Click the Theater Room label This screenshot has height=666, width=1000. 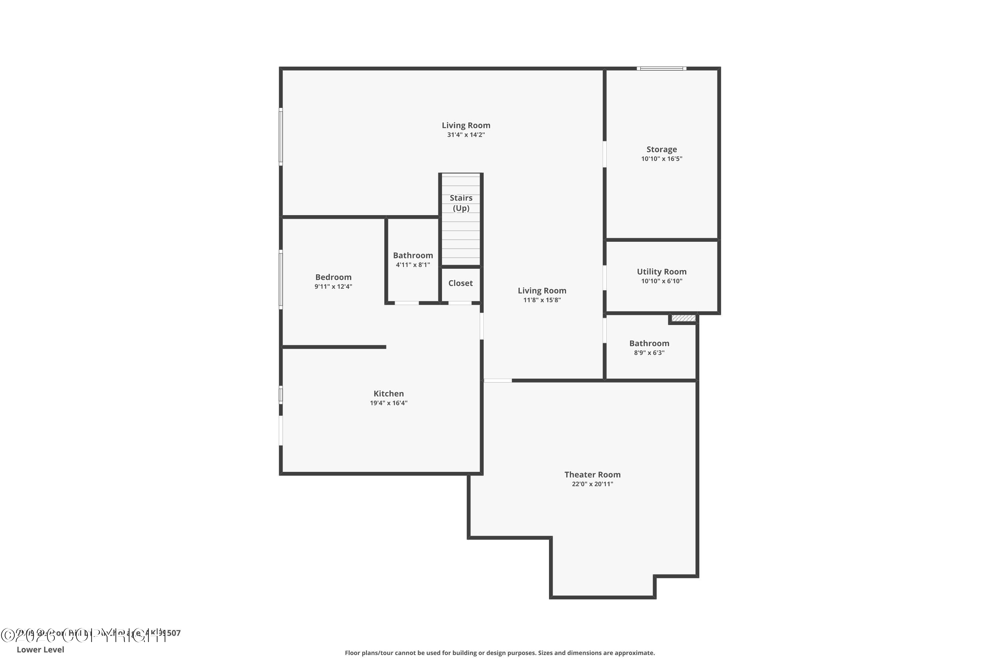click(x=592, y=475)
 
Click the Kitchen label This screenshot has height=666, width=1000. click(x=388, y=394)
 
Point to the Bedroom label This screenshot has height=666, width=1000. click(x=333, y=277)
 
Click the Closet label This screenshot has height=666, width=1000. click(x=460, y=283)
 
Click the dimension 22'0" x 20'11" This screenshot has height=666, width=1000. click(x=592, y=484)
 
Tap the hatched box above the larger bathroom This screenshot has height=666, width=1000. click(x=683, y=318)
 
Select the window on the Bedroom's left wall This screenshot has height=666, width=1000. click(x=281, y=279)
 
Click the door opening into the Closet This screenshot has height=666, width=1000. click(x=460, y=303)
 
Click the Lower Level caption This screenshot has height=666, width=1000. click(x=40, y=649)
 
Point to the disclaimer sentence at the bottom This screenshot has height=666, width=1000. click(x=500, y=653)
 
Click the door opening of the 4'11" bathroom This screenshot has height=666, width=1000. click(x=406, y=303)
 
